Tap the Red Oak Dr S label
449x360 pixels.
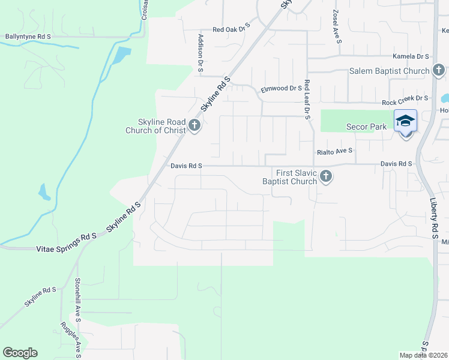point(231,28)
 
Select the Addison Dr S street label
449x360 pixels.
point(200,53)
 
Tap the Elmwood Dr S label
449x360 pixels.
point(281,89)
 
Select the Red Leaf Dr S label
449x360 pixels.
point(307,100)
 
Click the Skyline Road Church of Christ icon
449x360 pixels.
point(194,125)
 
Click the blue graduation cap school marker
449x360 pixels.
point(405,121)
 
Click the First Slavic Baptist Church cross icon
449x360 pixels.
point(326,176)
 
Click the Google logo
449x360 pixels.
point(20,353)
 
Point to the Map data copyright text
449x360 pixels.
point(423,355)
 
